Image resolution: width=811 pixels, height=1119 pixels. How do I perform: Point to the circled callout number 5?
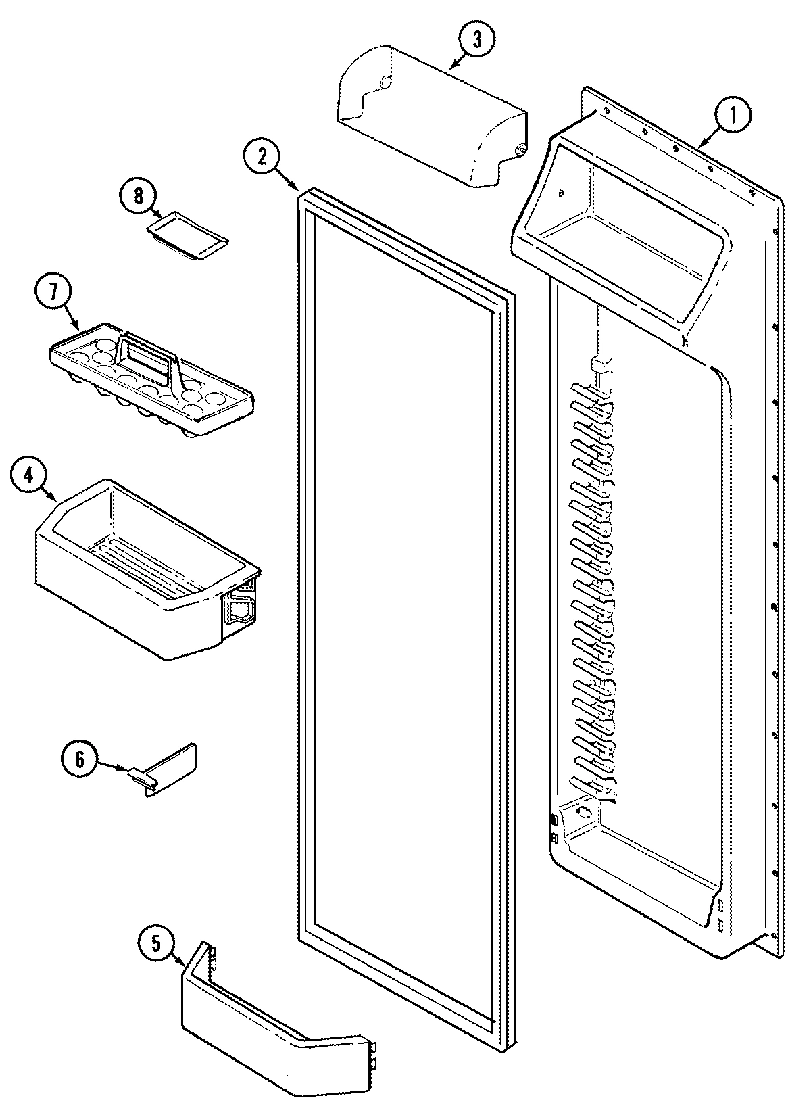point(155,944)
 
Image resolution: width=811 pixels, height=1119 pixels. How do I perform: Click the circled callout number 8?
point(138,196)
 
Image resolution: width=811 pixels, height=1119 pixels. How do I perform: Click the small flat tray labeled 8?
point(188,233)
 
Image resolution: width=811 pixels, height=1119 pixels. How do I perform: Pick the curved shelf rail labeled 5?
point(270,1028)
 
